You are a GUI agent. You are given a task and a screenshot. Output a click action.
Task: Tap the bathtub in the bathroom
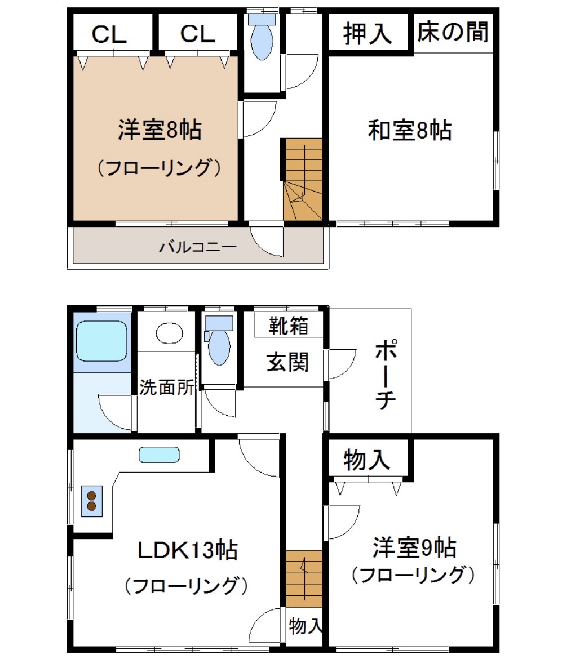101,340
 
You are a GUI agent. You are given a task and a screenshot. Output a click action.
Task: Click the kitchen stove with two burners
91,501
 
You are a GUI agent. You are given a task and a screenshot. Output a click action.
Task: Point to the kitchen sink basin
159,455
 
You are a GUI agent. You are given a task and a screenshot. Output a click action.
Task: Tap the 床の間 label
452,32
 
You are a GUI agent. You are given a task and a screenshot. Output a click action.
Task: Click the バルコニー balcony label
197,247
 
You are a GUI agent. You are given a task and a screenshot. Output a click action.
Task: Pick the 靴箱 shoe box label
289,326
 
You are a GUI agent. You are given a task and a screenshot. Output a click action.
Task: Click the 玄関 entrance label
288,362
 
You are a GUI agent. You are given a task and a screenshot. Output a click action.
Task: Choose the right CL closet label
197,34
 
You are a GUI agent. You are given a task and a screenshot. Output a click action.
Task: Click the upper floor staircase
304,179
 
